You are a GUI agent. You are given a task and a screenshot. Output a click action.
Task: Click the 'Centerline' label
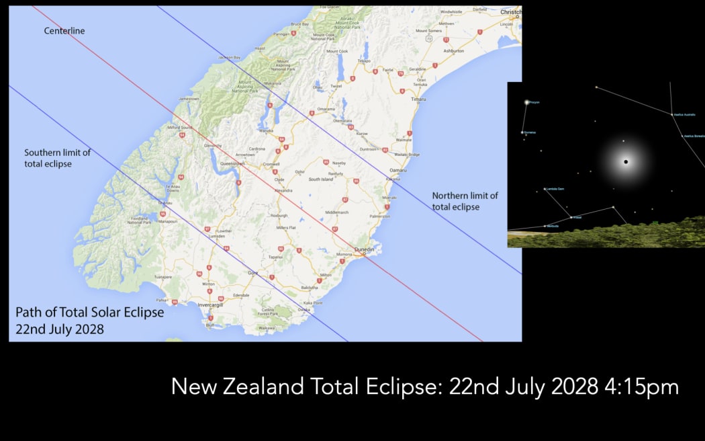pos(64,31)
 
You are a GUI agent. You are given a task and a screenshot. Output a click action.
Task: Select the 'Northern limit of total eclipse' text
pos(465,201)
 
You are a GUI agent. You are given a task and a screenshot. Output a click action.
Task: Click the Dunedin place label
pos(364,249)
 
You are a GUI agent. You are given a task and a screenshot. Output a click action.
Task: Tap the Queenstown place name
pos(232,163)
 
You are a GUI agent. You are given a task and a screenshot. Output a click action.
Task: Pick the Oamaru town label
pos(397,169)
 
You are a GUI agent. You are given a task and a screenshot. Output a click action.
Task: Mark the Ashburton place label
pos(454,51)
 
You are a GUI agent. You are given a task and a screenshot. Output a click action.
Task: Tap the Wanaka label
pos(267,131)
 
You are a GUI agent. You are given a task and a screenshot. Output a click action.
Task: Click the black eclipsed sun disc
pos(626,162)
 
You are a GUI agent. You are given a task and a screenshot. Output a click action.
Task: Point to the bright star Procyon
pos(527,102)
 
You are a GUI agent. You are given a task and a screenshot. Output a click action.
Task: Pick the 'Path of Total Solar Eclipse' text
pos(89,313)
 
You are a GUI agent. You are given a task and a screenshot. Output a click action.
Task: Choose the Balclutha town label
pos(310,288)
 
